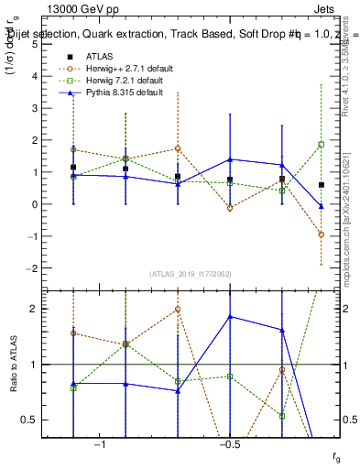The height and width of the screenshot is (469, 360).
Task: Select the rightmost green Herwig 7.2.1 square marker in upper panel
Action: tap(322, 145)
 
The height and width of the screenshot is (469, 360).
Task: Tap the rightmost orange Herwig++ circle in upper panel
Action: tap(322, 234)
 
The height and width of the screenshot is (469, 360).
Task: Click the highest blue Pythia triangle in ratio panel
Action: tap(230, 317)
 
